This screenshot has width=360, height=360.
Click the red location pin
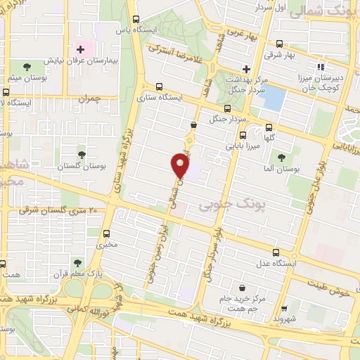pyautogui.click(x=180, y=166)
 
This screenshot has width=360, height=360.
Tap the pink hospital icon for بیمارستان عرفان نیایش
pyautogui.click(x=81, y=50)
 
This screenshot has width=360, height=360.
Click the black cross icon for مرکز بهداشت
pyautogui.click(x=245, y=69)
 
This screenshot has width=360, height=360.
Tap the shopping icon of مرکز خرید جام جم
pyautogui.click(x=242, y=288)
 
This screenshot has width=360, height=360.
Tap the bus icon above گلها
pyautogui.click(x=269, y=128)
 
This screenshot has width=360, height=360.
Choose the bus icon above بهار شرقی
pyautogui.click(x=279, y=44)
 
